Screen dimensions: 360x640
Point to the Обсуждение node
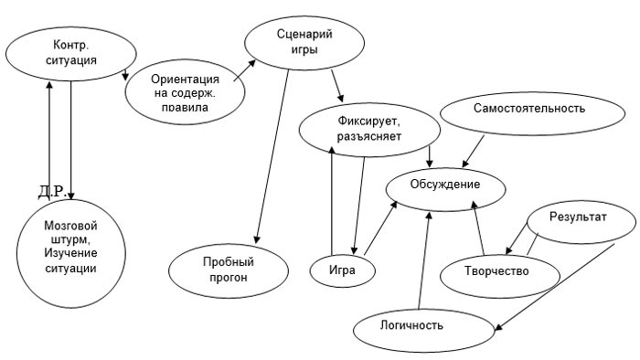(x=445, y=186)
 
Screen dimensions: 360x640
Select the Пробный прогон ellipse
(x=228, y=270)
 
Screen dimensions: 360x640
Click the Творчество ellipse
(x=497, y=270)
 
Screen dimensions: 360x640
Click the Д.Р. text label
(x=52, y=191)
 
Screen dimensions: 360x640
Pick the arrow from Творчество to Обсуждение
(x=478, y=228)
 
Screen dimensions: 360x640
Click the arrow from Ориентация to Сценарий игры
(x=242, y=74)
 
